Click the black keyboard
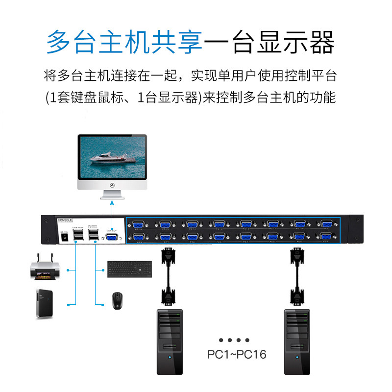tap(129, 269)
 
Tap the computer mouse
tap(117, 301)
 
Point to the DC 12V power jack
tap(63, 237)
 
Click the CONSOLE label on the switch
tap(65, 221)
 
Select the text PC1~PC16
tap(237, 354)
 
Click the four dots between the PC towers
tap(234, 340)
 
